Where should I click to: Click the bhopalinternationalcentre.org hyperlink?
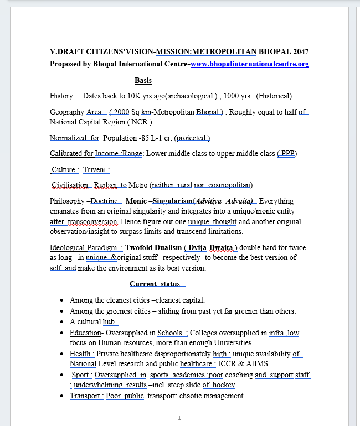coord(249,64)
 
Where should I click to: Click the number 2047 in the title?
coord(300,52)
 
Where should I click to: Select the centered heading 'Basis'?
coord(143,81)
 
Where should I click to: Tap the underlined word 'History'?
coord(61,96)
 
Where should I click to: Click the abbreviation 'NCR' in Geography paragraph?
coord(140,122)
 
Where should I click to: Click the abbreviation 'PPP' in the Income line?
coord(287,154)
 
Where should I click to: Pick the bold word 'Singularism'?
coord(172,201)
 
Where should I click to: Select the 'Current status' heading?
coord(156,284)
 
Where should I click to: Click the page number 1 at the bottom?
coord(179,418)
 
